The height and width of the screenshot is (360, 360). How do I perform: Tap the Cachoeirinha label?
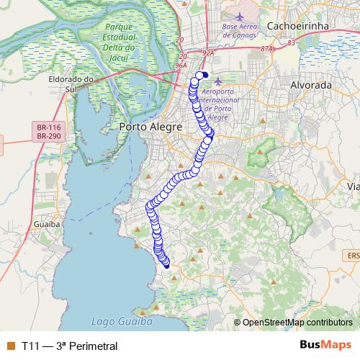297,25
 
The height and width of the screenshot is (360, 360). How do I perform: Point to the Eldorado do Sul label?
72,84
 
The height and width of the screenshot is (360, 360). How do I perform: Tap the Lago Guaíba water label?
122,322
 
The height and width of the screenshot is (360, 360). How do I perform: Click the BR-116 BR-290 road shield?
48,131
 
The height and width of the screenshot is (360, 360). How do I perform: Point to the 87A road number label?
268,49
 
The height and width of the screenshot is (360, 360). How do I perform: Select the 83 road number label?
290,43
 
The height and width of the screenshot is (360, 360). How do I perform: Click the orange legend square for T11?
10,346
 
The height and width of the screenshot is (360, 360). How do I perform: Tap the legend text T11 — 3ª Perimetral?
69,346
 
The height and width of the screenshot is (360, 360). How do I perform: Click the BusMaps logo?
326,345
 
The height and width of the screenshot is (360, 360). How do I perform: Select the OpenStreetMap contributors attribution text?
297,323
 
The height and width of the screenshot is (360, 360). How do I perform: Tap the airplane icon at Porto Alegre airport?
218,80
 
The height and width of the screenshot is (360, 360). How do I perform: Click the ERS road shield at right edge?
353,254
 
